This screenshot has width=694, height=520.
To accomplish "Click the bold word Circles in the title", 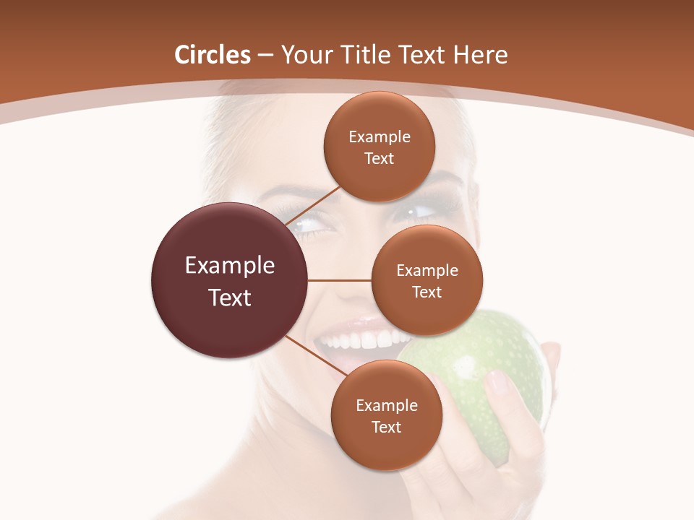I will click(x=212, y=55).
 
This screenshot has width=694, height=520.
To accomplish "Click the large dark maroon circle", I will click(x=229, y=281).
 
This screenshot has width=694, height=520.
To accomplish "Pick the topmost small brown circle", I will click(x=379, y=147).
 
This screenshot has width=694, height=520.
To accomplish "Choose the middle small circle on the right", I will click(x=427, y=280).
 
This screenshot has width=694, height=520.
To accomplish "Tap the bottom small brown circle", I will click(x=386, y=415).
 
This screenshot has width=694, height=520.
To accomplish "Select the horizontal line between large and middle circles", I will click(x=339, y=280).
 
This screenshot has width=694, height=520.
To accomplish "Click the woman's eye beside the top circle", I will click(x=419, y=212).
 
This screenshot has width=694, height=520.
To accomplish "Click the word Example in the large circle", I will click(x=229, y=266).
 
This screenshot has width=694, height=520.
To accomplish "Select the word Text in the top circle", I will click(x=379, y=158).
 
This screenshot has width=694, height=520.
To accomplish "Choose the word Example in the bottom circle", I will click(x=386, y=405).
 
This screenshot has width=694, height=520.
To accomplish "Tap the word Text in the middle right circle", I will click(x=427, y=292).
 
